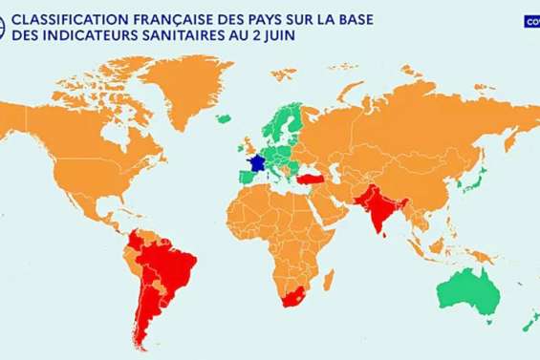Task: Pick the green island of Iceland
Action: (225, 119)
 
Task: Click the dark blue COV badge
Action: (531, 20)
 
